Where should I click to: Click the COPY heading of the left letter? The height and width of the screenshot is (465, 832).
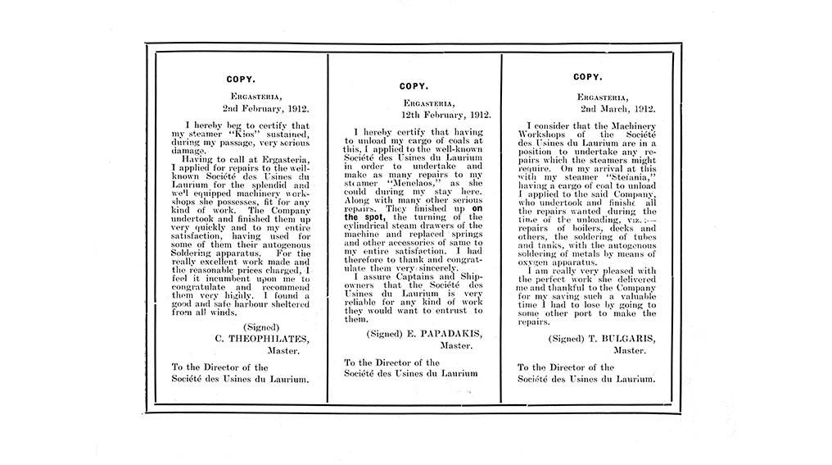click(240, 80)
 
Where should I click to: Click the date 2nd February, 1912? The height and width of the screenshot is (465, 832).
click(261, 107)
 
